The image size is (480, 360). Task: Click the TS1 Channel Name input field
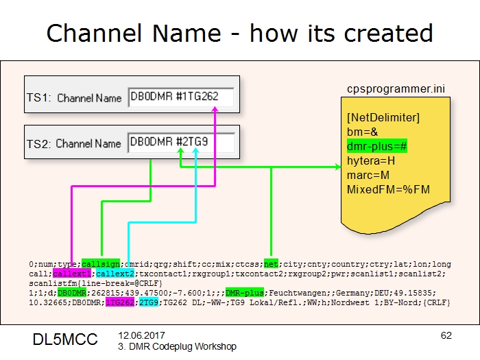coord(181,97)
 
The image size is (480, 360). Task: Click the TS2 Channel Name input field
coord(181,143)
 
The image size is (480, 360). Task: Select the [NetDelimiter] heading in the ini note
coord(383,118)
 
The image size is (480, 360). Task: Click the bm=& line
coord(361,132)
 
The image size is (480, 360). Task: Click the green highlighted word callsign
coord(101,263)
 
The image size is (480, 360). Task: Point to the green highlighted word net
coord(272,263)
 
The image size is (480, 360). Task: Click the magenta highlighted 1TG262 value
coord(119,301)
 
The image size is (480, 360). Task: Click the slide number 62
coord(446,335)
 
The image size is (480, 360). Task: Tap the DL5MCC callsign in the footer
coord(65,339)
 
